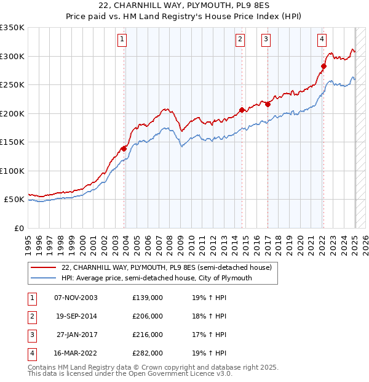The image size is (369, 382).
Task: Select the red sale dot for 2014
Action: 242,110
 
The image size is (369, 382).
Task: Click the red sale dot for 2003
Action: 124,148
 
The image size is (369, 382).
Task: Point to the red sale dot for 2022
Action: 323,66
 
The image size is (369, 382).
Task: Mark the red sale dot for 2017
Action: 268,104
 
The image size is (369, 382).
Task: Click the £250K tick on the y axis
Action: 12,85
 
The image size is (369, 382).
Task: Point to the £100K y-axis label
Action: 12,171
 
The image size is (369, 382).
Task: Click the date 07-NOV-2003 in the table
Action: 76,298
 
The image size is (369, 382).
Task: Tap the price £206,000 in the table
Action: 148,316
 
